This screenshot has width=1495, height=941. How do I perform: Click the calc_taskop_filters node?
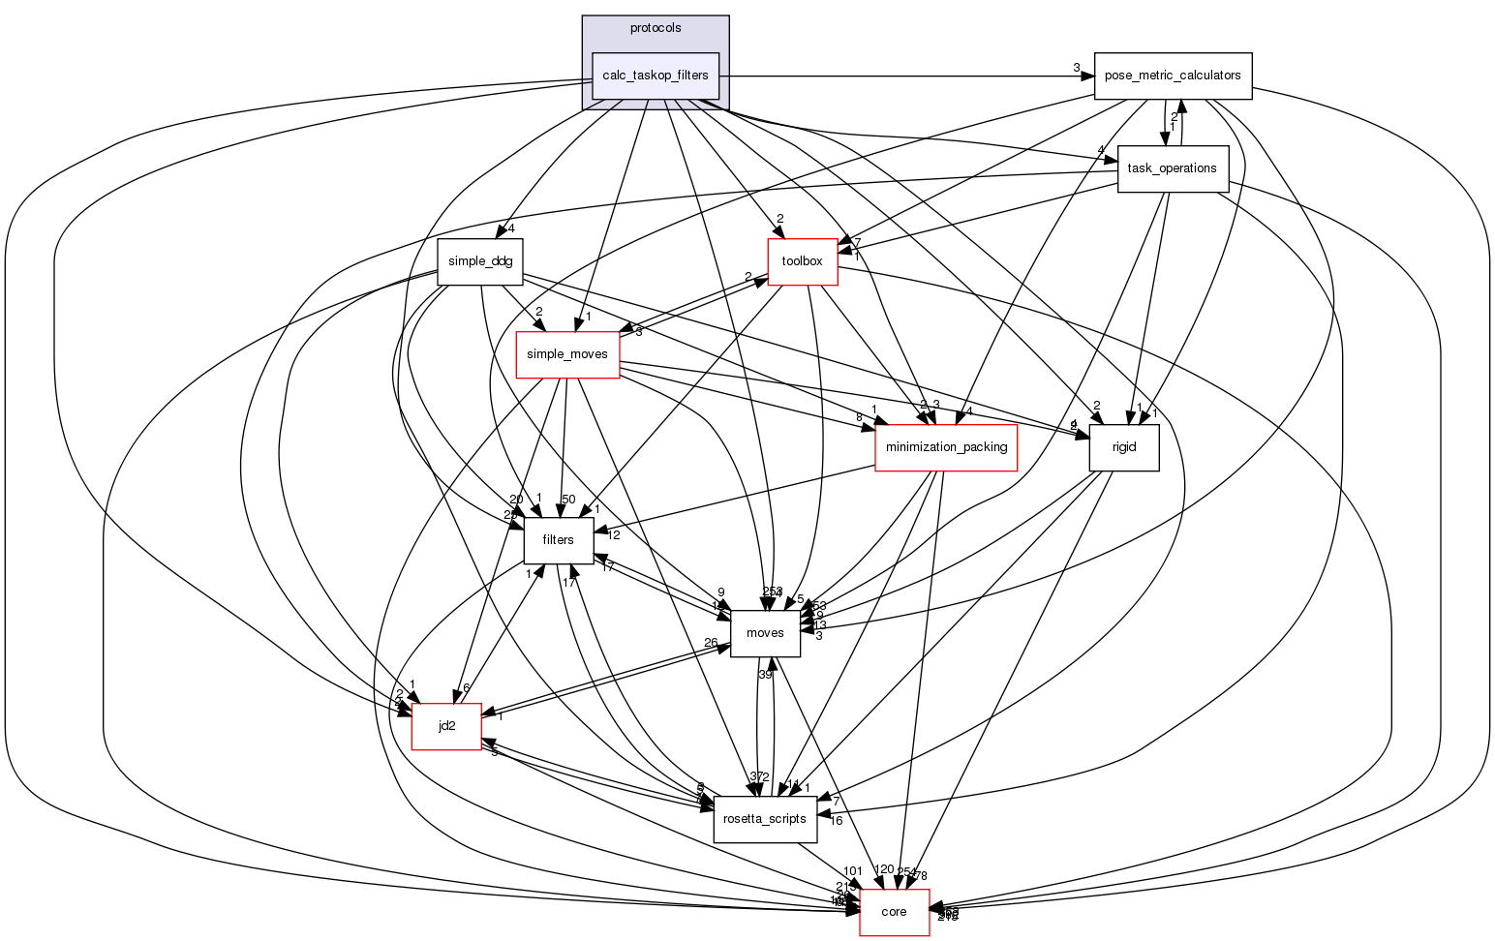pyautogui.click(x=655, y=76)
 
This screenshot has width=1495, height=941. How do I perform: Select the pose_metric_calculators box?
pyautogui.click(x=1173, y=76)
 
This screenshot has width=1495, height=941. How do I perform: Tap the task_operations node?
pyautogui.click(x=1173, y=168)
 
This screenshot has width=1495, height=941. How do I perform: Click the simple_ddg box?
pyautogui.click(x=480, y=261)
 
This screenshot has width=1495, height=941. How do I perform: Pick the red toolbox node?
pyautogui.click(x=802, y=261)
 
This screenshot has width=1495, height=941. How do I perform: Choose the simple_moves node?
pyautogui.click(x=566, y=354)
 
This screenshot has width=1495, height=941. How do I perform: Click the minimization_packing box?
pyautogui.click(x=945, y=447)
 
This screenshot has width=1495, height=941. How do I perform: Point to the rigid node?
pyautogui.click(x=1123, y=447)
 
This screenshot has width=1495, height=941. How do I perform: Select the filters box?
pyautogui.click(x=558, y=540)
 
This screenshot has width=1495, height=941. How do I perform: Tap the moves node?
pyautogui.click(x=765, y=633)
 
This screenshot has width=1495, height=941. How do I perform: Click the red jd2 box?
pyautogui.click(x=446, y=726)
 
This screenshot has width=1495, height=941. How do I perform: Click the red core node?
pyautogui.click(x=894, y=912)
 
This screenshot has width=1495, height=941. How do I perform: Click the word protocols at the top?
pyautogui.click(x=655, y=28)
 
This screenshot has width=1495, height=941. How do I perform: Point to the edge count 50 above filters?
pyautogui.click(x=568, y=499)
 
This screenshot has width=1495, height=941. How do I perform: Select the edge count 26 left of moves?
pyautogui.click(x=711, y=643)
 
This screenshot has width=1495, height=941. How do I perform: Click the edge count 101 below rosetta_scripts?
pyautogui.click(x=852, y=870)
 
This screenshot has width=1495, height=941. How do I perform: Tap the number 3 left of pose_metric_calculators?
pyautogui.click(x=1076, y=67)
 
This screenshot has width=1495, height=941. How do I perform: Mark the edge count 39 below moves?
pyautogui.click(x=765, y=674)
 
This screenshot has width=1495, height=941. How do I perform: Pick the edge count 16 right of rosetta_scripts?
pyautogui.click(x=836, y=821)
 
